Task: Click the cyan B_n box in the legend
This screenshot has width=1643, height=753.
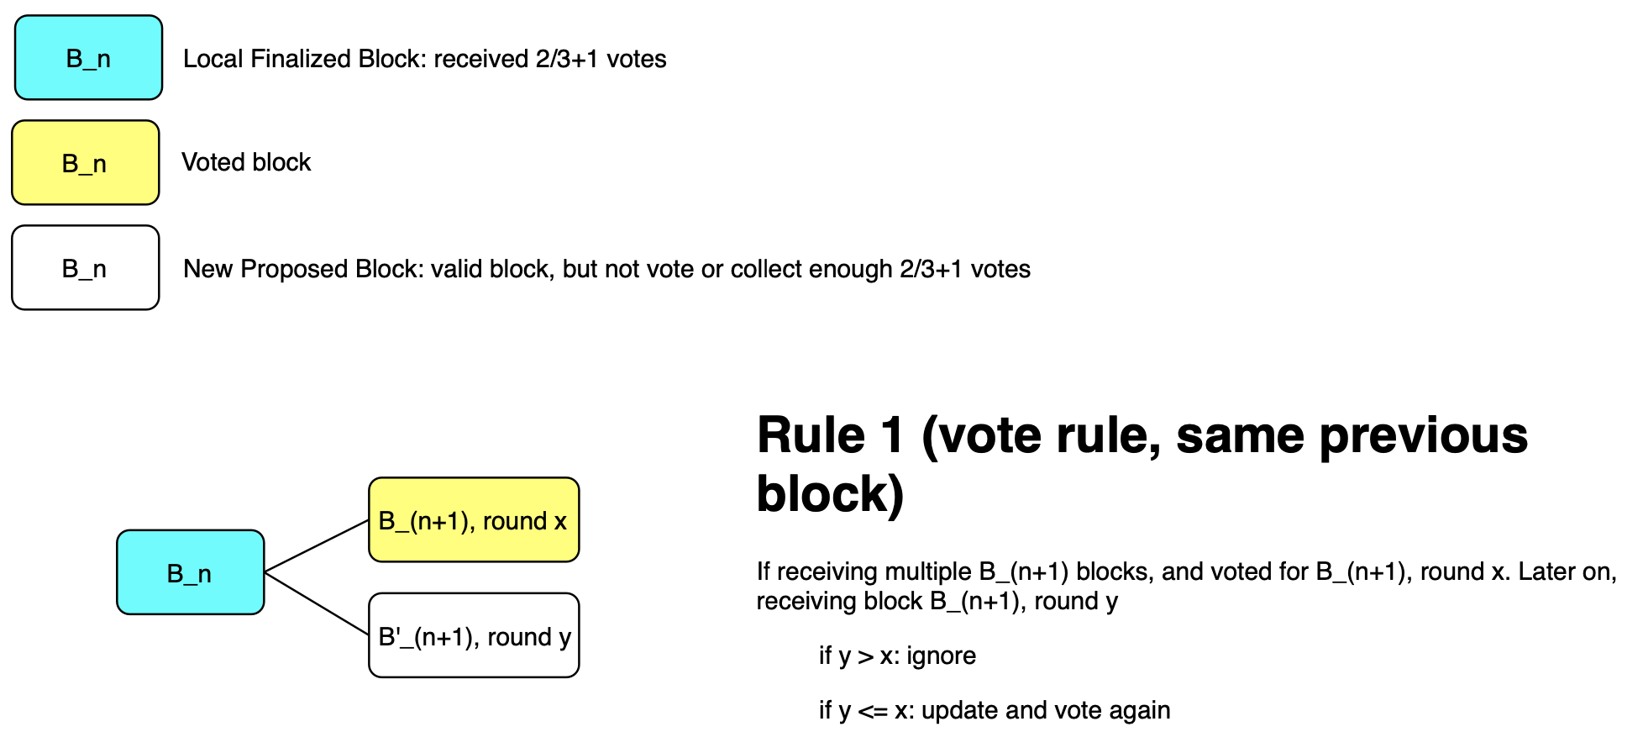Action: pyautogui.click(x=88, y=58)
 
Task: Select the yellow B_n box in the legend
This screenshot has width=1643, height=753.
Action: pyautogui.click(x=85, y=163)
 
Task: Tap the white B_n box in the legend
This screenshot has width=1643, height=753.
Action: pyautogui.click(x=85, y=268)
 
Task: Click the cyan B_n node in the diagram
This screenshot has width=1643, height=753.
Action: pyautogui.click(x=191, y=572)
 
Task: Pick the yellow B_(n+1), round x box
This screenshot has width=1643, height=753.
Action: pyautogui.click(x=474, y=520)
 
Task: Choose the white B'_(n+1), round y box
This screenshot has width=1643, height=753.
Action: pyautogui.click(x=474, y=635)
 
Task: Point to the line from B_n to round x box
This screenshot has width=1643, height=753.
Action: pyautogui.click(x=317, y=546)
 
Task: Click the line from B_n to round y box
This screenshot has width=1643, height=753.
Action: pyautogui.click(x=317, y=603)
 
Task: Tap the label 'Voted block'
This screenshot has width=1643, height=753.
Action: pyautogui.click(x=246, y=162)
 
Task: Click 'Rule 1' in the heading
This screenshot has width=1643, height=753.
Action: pyautogui.click(x=831, y=435)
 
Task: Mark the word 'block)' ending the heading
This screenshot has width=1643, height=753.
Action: pyautogui.click(x=831, y=494)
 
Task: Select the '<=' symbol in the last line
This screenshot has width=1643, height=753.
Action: pyautogui.click(x=872, y=711)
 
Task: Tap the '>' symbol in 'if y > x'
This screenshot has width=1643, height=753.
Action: pyautogui.click(x=864, y=656)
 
